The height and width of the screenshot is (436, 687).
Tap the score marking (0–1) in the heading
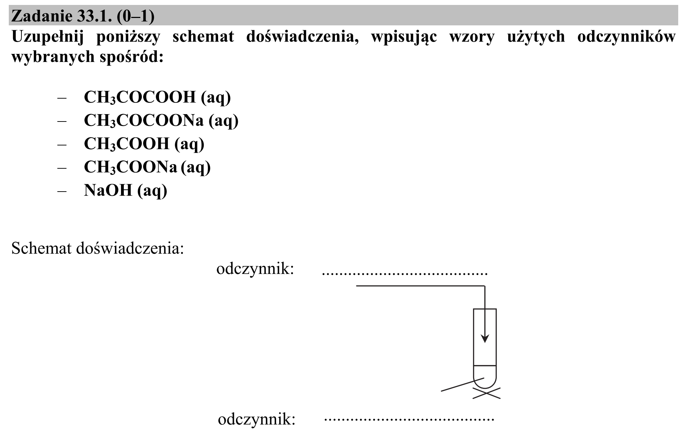coord(135,16)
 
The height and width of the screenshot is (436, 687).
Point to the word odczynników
coord(626,37)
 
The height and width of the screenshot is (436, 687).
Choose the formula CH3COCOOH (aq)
coord(157,97)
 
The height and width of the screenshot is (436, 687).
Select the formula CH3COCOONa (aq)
coord(161,121)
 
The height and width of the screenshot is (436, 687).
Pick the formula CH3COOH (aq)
coord(144,144)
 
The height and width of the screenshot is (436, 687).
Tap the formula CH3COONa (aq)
coord(147,167)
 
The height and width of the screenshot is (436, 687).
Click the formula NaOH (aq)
coord(126,191)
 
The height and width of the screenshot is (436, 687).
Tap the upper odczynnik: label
coord(255,269)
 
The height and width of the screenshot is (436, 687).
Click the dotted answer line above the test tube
coord(405,274)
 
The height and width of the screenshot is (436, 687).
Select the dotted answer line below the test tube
coord(409,419)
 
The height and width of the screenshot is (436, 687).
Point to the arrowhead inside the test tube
coord(485,338)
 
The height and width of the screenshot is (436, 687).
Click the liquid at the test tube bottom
coord(485,376)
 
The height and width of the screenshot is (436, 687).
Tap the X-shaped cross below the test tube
coord(486,393)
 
